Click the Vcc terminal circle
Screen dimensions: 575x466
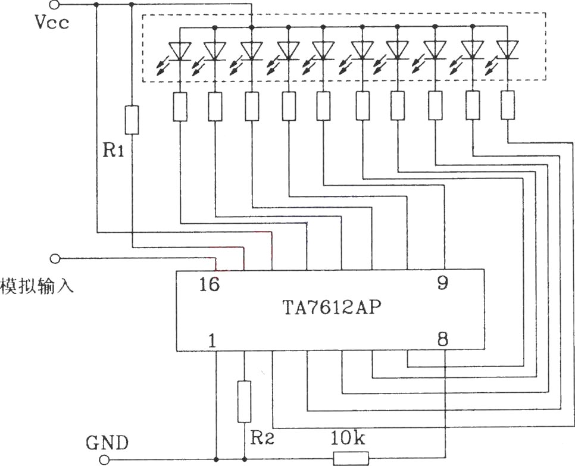(54, 4)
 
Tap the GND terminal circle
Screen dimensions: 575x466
(105, 459)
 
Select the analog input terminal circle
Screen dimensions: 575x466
(55, 258)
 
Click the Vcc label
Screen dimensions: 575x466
(52, 23)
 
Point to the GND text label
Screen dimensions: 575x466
(107, 443)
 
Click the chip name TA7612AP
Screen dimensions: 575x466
(332, 308)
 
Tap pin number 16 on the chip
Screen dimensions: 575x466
(210, 284)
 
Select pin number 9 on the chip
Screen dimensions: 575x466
(443, 282)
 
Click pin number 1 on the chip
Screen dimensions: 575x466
(212, 340)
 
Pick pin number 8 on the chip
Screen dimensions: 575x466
(443, 339)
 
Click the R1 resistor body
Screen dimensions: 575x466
(132, 120)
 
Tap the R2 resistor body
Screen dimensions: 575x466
(244, 402)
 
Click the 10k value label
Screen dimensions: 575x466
(348, 438)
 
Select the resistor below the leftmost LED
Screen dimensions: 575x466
(180, 107)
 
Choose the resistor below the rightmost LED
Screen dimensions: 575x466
(508, 105)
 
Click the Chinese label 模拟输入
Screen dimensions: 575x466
(37, 285)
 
